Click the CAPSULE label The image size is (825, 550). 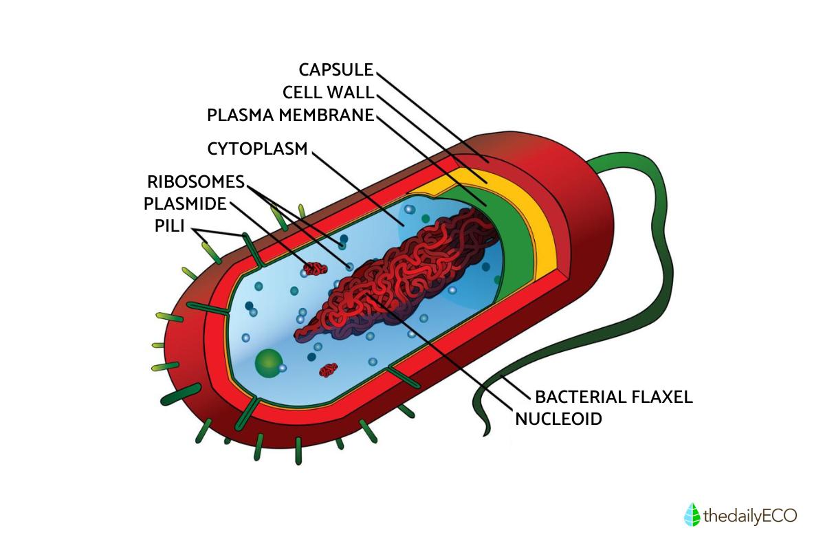tap(335, 69)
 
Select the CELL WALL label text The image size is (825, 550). tap(327, 92)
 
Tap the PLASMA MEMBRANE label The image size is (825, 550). tap(290, 115)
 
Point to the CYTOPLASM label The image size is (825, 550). tap(257, 148)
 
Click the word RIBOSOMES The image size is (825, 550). tap(196, 182)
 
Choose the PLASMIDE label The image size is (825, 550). tap(185, 204)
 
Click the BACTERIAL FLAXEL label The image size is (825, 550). tap(613, 397)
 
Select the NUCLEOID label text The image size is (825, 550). tap(558, 418)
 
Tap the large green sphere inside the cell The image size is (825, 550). tap(268, 362)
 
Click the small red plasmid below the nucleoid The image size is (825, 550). tap(329, 371)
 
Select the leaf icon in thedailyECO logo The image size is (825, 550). tap(692, 515)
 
